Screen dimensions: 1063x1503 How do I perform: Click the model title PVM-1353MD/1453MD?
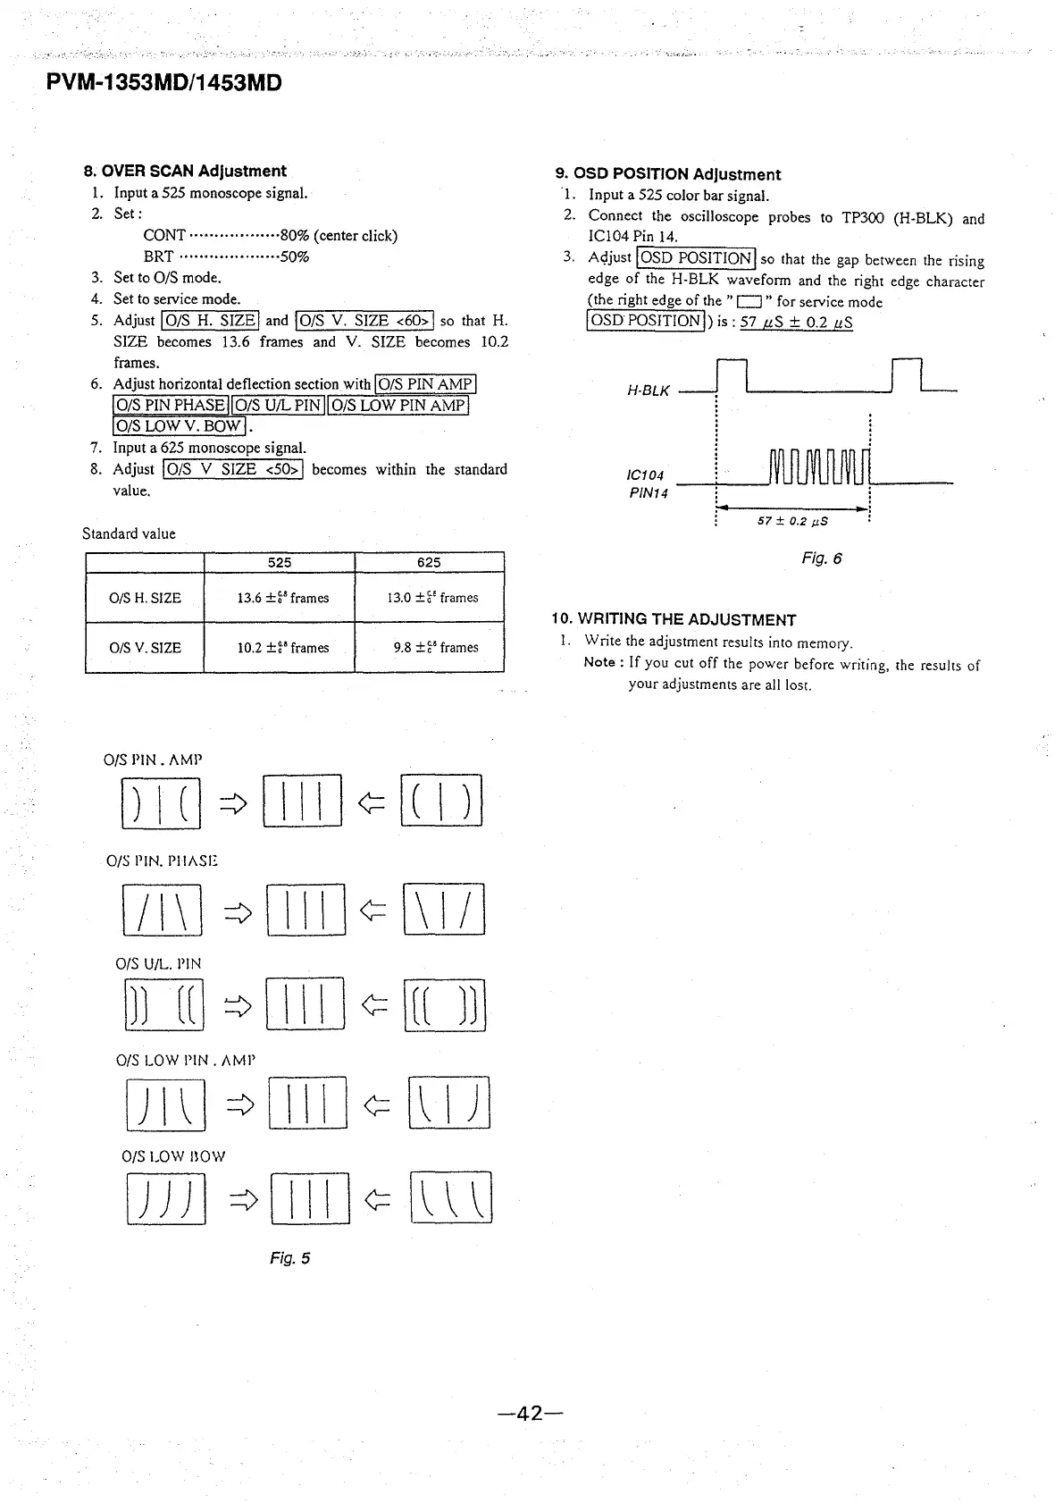[x=164, y=83]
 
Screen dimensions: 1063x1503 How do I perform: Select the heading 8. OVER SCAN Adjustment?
[x=185, y=171]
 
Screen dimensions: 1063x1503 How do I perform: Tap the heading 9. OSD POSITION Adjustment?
[x=667, y=174]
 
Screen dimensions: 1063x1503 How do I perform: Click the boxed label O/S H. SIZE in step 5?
[x=209, y=320]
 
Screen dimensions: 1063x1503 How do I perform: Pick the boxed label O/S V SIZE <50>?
[x=234, y=469]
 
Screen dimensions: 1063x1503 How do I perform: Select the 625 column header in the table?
[x=429, y=562]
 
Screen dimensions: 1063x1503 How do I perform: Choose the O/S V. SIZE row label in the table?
[x=145, y=647]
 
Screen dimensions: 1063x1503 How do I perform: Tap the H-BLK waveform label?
[x=648, y=390]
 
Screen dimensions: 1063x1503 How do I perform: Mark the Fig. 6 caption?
[x=821, y=558]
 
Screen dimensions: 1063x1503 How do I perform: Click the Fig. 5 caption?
[x=289, y=1258]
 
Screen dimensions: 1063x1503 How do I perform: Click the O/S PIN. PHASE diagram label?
[x=162, y=861]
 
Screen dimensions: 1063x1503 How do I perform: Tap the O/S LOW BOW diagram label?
[x=173, y=1155]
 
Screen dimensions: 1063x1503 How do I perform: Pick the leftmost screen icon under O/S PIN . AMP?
[x=161, y=802]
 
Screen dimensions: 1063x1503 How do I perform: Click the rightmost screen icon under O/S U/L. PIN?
[x=444, y=1005]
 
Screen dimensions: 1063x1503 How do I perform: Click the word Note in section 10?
[x=598, y=662]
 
